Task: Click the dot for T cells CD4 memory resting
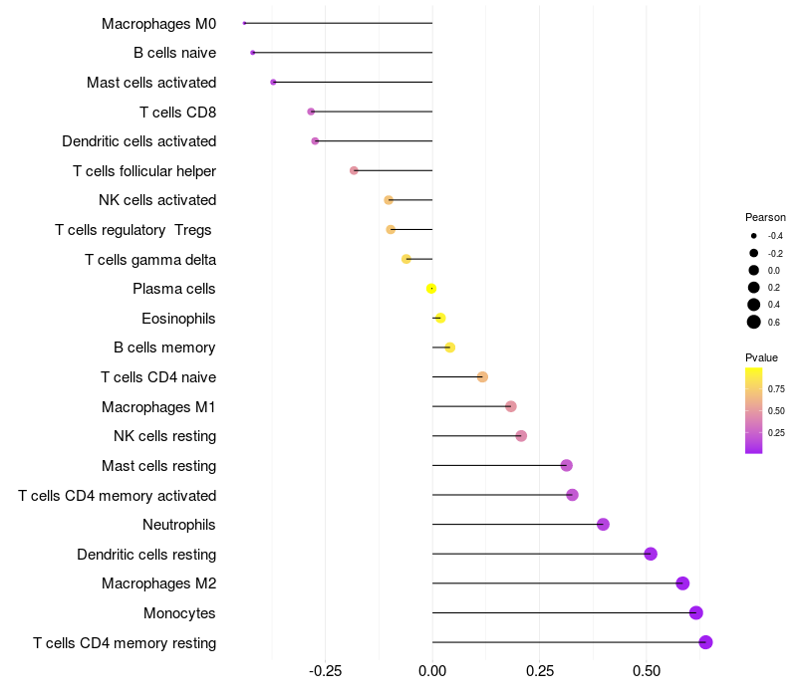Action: coord(705,642)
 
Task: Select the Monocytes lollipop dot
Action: coord(695,613)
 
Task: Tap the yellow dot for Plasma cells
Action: coord(431,289)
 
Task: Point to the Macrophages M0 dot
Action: coord(244,23)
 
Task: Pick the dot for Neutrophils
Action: coord(603,525)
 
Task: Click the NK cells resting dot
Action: coord(521,436)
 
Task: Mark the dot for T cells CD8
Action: coord(311,112)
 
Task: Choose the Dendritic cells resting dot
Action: coord(651,555)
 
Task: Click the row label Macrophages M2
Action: coord(158,583)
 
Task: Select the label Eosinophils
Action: coord(178,319)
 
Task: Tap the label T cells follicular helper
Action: coord(144,171)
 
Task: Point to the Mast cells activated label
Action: coord(151,83)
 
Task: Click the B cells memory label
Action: coord(164,348)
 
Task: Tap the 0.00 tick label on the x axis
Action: coord(432,672)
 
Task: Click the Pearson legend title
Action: coord(765,217)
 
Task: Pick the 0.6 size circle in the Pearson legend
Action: coord(754,322)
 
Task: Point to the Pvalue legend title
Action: coord(761,357)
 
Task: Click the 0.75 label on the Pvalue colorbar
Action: coord(775,388)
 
